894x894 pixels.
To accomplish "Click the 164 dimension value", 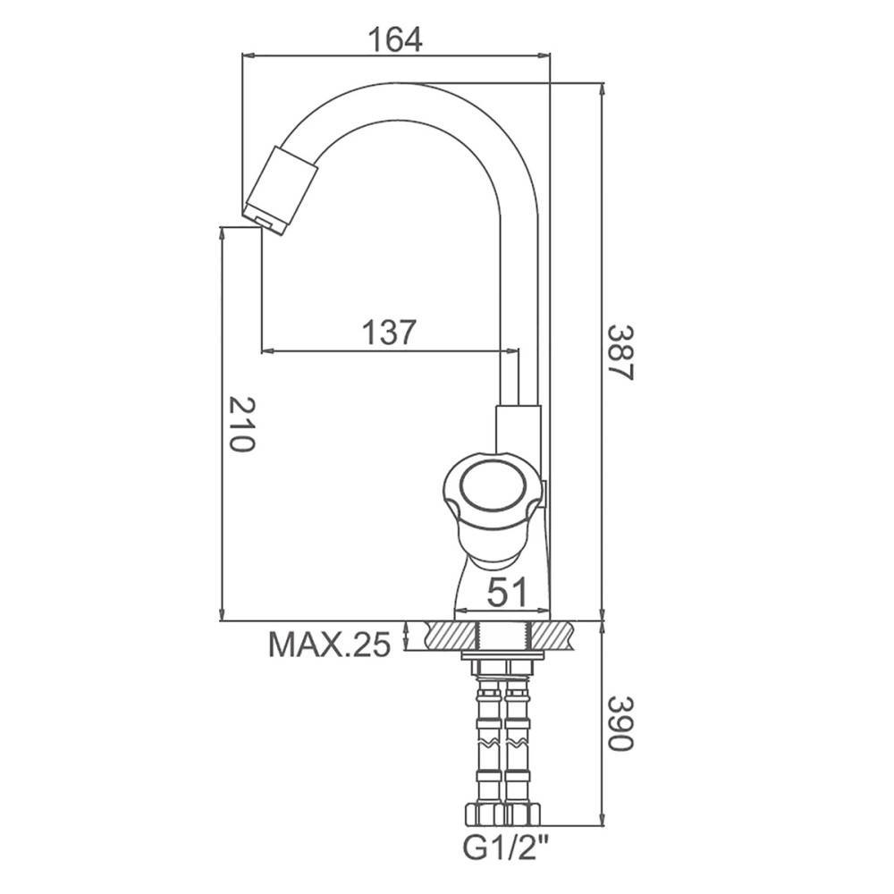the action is point(395,38).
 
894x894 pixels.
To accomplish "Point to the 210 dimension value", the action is point(240,425).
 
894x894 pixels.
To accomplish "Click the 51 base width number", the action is point(508,592).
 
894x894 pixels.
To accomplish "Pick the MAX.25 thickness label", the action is point(330,645).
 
